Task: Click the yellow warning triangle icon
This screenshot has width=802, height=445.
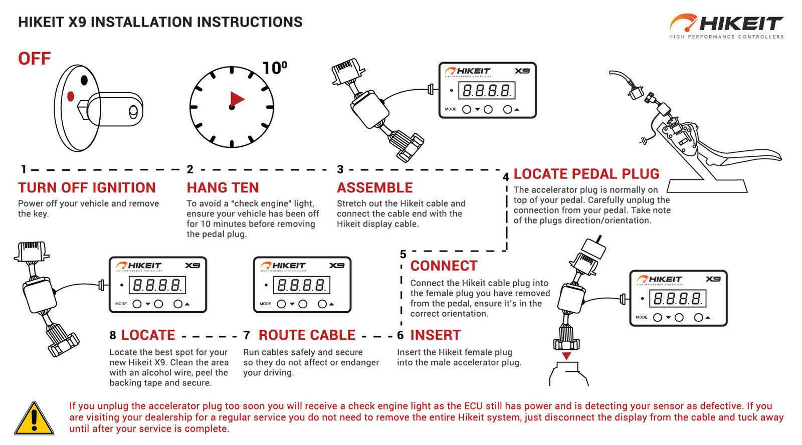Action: coord(34,418)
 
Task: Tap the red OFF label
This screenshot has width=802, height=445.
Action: coord(34,59)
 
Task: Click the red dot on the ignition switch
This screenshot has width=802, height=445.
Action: coord(71,96)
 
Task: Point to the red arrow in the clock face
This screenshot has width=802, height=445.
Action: coord(237,99)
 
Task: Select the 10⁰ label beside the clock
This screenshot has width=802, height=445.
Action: coord(275,68)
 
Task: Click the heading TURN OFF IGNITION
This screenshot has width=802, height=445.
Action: coord(87,188)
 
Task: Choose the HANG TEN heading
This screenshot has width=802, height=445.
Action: coord(223,188)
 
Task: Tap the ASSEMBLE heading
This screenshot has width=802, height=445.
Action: coord(374,188)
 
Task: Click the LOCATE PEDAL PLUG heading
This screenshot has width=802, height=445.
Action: coord(586,174)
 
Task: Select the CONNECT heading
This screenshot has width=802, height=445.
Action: coord(444,266)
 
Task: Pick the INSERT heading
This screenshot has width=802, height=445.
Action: coord(435,335)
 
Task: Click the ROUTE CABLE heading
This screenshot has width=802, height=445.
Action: coord(307,335)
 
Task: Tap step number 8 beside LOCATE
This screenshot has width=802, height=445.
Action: coord(113,335)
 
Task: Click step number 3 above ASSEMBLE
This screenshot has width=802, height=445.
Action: coord(340,169)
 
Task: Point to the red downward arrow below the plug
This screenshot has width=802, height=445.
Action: coord(566,356)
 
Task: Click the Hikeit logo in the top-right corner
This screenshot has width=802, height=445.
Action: coord(726,26)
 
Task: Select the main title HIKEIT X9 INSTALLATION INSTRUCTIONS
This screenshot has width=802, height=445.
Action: coord(160,22)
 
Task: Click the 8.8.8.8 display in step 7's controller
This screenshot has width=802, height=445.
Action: coord(301,285)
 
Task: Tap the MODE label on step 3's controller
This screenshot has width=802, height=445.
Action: coord(451,109)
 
